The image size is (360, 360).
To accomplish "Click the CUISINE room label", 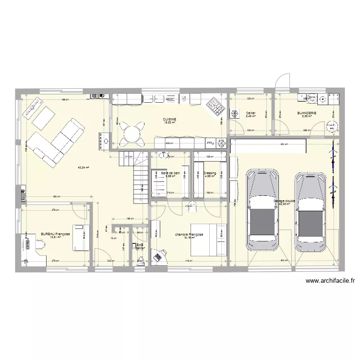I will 169,119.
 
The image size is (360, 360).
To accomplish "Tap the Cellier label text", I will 251,113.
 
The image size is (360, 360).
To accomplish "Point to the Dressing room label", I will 210,173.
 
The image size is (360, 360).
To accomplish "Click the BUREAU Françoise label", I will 56,234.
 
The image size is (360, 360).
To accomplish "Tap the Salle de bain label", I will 170,173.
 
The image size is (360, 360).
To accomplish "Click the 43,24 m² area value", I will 83,168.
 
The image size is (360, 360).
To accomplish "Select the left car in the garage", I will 262,209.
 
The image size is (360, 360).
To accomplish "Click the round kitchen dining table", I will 132,132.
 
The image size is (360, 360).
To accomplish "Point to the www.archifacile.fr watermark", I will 329,282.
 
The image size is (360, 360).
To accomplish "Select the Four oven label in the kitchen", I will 210,143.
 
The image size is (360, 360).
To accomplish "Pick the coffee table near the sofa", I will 43,117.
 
